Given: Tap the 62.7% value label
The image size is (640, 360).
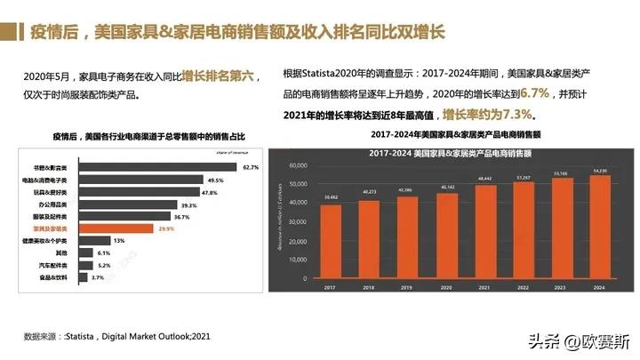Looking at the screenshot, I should coord(250,167).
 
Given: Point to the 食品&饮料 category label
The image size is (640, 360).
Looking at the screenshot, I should coord(63,278).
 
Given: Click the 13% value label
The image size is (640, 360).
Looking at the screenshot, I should coord(118,241).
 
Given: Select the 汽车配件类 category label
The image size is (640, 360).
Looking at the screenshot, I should coord(62,266).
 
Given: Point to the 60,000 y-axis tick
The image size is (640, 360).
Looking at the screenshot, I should coord(300,165).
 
